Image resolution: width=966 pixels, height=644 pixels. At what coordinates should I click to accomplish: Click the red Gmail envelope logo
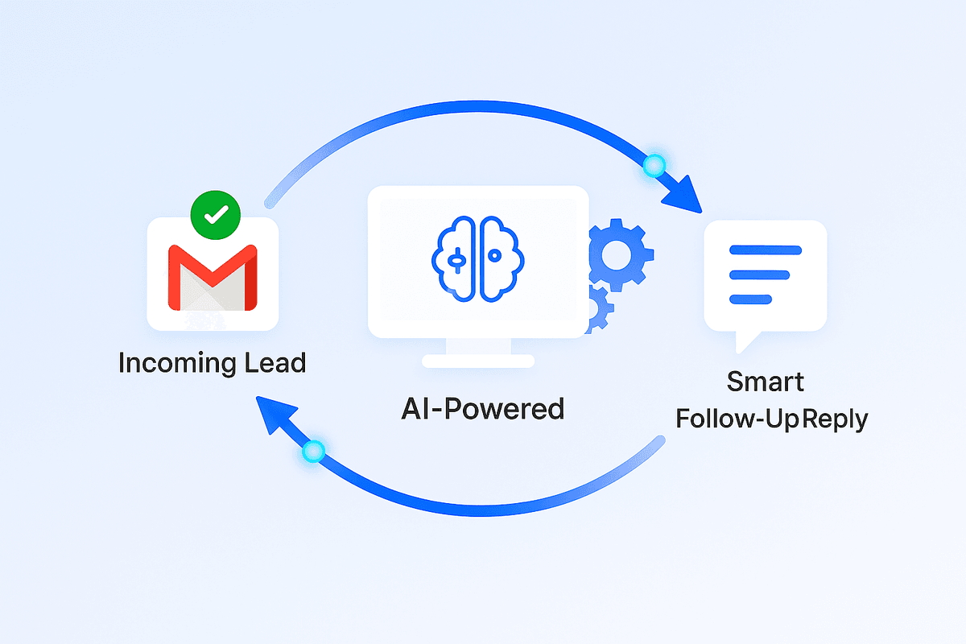[x=213, y=277]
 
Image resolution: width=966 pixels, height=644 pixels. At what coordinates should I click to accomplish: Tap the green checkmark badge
[x=215, y=215]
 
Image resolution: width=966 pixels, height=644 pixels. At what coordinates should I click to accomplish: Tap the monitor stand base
[x=478, y=361]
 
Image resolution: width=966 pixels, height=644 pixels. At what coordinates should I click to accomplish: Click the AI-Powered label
[x=482, y=409]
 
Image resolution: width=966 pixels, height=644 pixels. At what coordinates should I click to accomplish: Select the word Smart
[x=766, y=382]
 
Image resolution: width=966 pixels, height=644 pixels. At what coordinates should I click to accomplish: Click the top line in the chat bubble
[x=765, y=250]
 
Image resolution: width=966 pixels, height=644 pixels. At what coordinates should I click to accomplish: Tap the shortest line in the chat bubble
[x=750, y=299]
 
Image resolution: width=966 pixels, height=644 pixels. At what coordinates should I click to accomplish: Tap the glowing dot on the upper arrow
[x=654, y=167]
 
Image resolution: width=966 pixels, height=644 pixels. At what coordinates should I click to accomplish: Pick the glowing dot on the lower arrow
[x=312, y=452]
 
